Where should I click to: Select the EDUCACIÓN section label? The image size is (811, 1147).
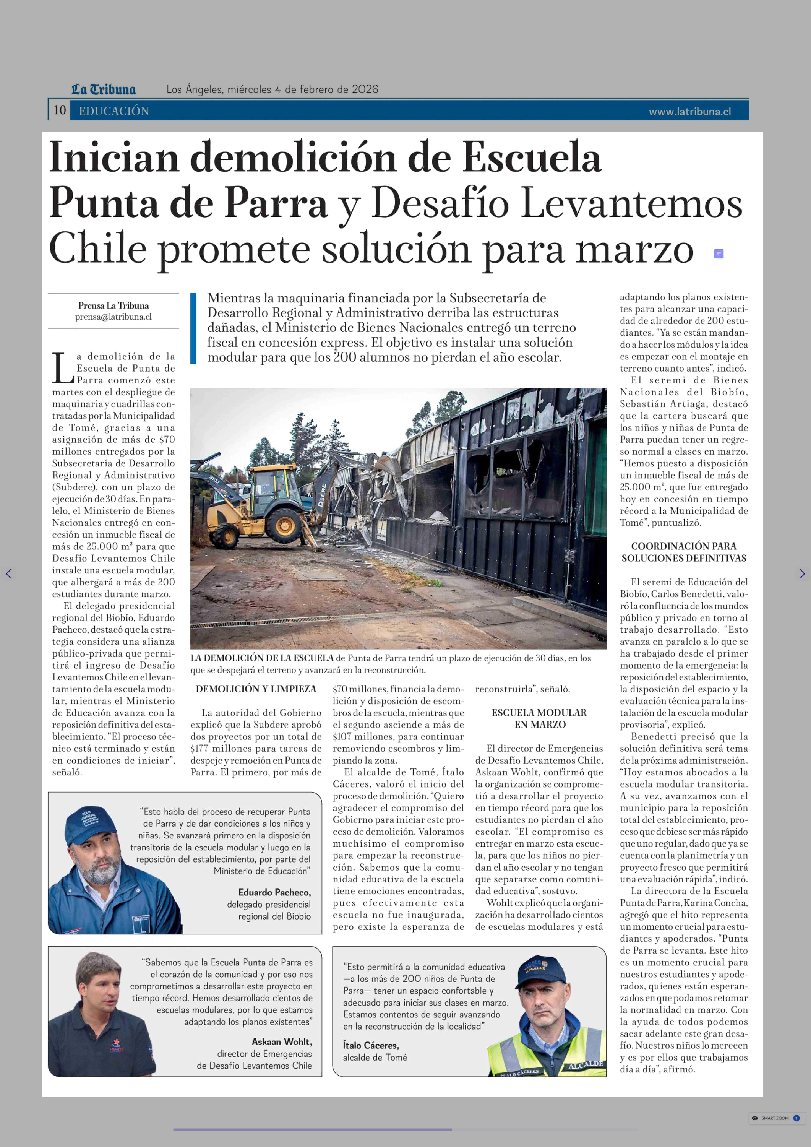tap(114, 111)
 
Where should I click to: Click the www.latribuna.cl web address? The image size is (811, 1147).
tap(690, 111)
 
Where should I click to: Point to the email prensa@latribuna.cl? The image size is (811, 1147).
tap(113, 317)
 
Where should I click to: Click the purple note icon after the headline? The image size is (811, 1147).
tap(719, 254)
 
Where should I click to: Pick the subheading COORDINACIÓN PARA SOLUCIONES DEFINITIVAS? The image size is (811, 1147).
tap(684, 552)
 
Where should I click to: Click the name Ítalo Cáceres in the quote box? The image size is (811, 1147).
tap(371, 1045)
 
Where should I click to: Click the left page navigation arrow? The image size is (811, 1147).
tap(8, 574)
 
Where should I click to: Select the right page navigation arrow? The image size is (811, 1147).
tap(802, 574)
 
